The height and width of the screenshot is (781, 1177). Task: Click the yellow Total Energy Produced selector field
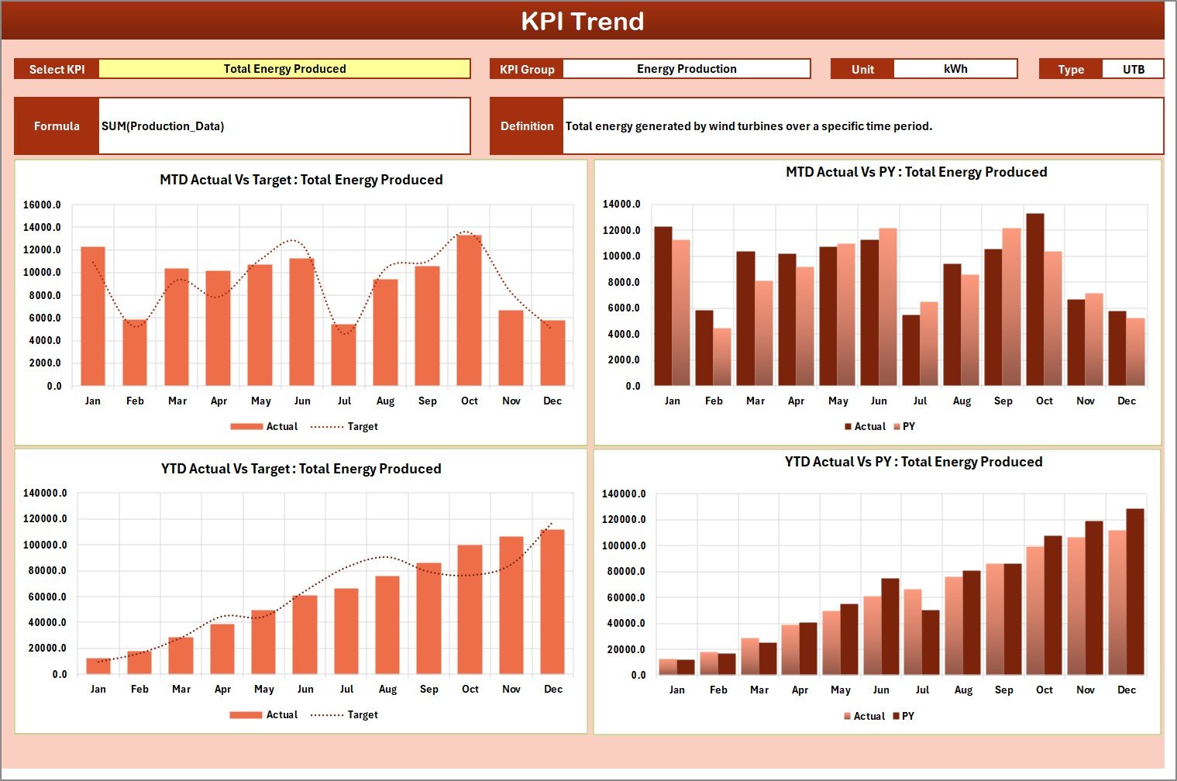[284, 69]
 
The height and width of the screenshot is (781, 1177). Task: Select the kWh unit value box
[955, 69]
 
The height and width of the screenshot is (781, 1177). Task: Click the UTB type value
[1133, 69]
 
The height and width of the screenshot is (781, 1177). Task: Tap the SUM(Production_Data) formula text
[163, 126]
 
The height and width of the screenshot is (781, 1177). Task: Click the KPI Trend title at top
[582, 21]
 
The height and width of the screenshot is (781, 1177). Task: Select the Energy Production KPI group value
[686, 69]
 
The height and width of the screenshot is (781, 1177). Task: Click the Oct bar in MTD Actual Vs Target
[469, 310]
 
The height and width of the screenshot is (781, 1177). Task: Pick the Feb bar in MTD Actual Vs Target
[134, 353]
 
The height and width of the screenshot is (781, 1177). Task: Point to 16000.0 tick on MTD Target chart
[42, 205]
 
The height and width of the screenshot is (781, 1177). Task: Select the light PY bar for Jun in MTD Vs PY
[887, 307]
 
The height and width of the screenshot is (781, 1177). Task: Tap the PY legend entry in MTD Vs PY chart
[904, 427]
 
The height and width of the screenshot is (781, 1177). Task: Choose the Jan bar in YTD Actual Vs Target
[98, 666]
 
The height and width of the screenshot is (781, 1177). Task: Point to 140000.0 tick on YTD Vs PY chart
[624, 494]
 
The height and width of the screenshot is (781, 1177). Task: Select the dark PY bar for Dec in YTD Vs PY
[1134, 592]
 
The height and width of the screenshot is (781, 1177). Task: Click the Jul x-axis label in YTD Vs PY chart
[922, 690]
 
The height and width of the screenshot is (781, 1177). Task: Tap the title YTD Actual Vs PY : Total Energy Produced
[913, 462]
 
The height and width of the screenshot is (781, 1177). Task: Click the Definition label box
[527, 126]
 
